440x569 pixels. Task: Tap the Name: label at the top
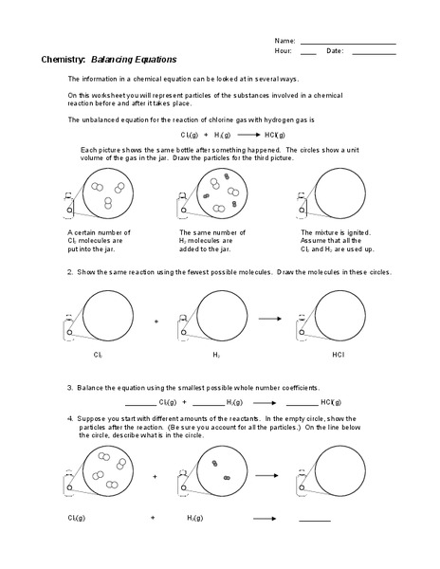[x=285, y=41]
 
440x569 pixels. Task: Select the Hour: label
[x=284, y=51]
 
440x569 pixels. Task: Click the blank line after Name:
[x=348, y=43]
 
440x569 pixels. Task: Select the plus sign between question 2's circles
[x=156, y=321]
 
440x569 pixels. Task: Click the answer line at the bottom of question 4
[x=315, y=521]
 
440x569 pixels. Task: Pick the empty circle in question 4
[x=339, y=475]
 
